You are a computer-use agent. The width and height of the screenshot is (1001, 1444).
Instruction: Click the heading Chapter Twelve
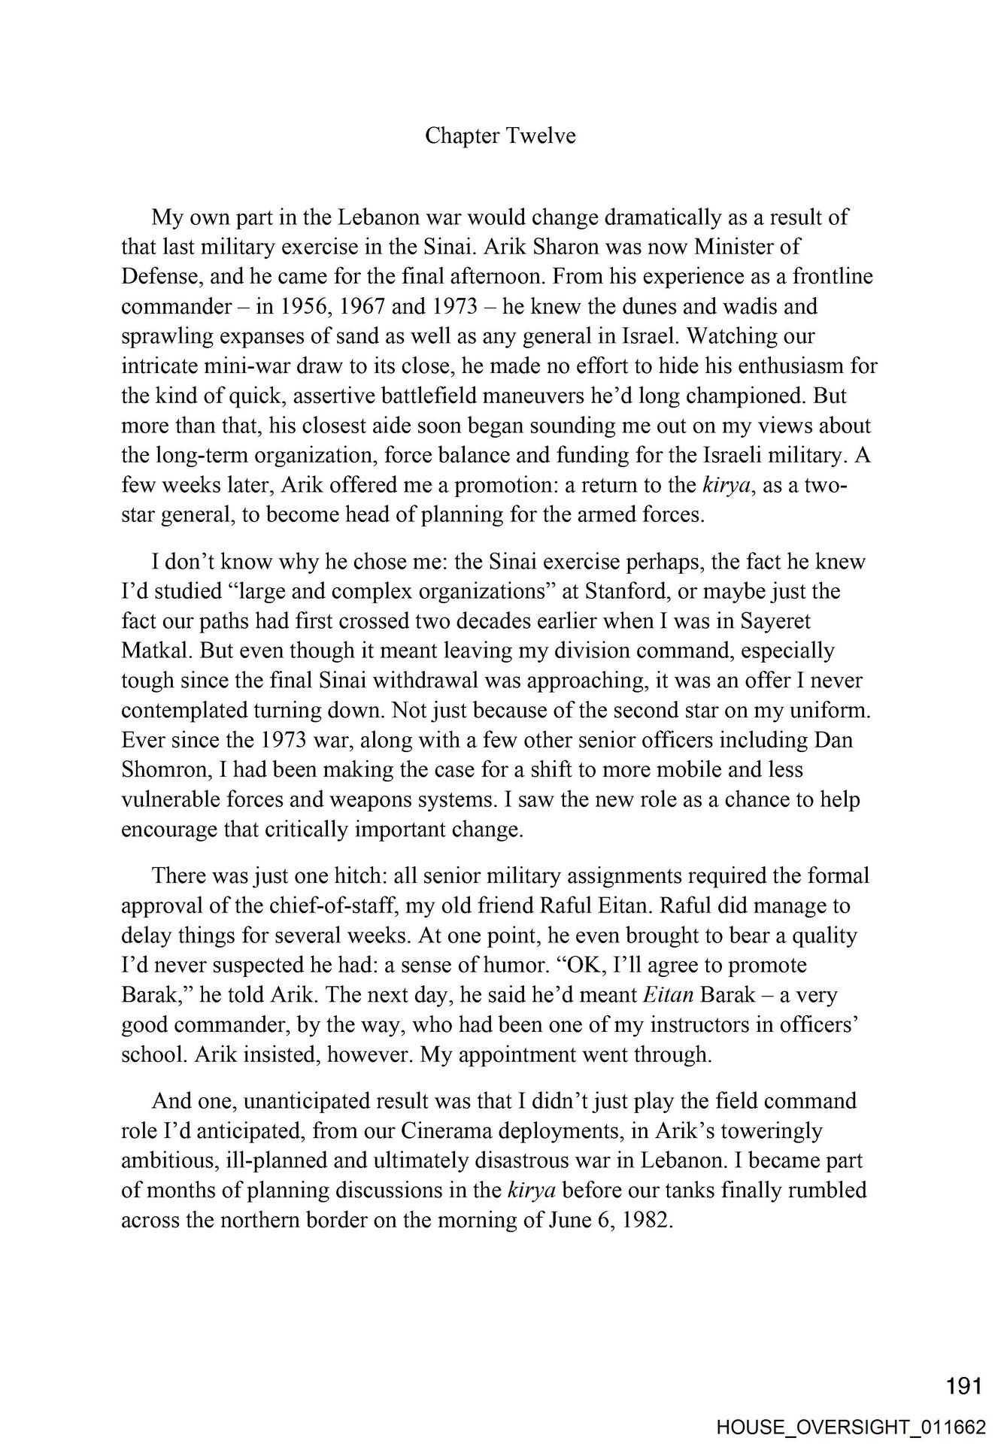500,135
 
